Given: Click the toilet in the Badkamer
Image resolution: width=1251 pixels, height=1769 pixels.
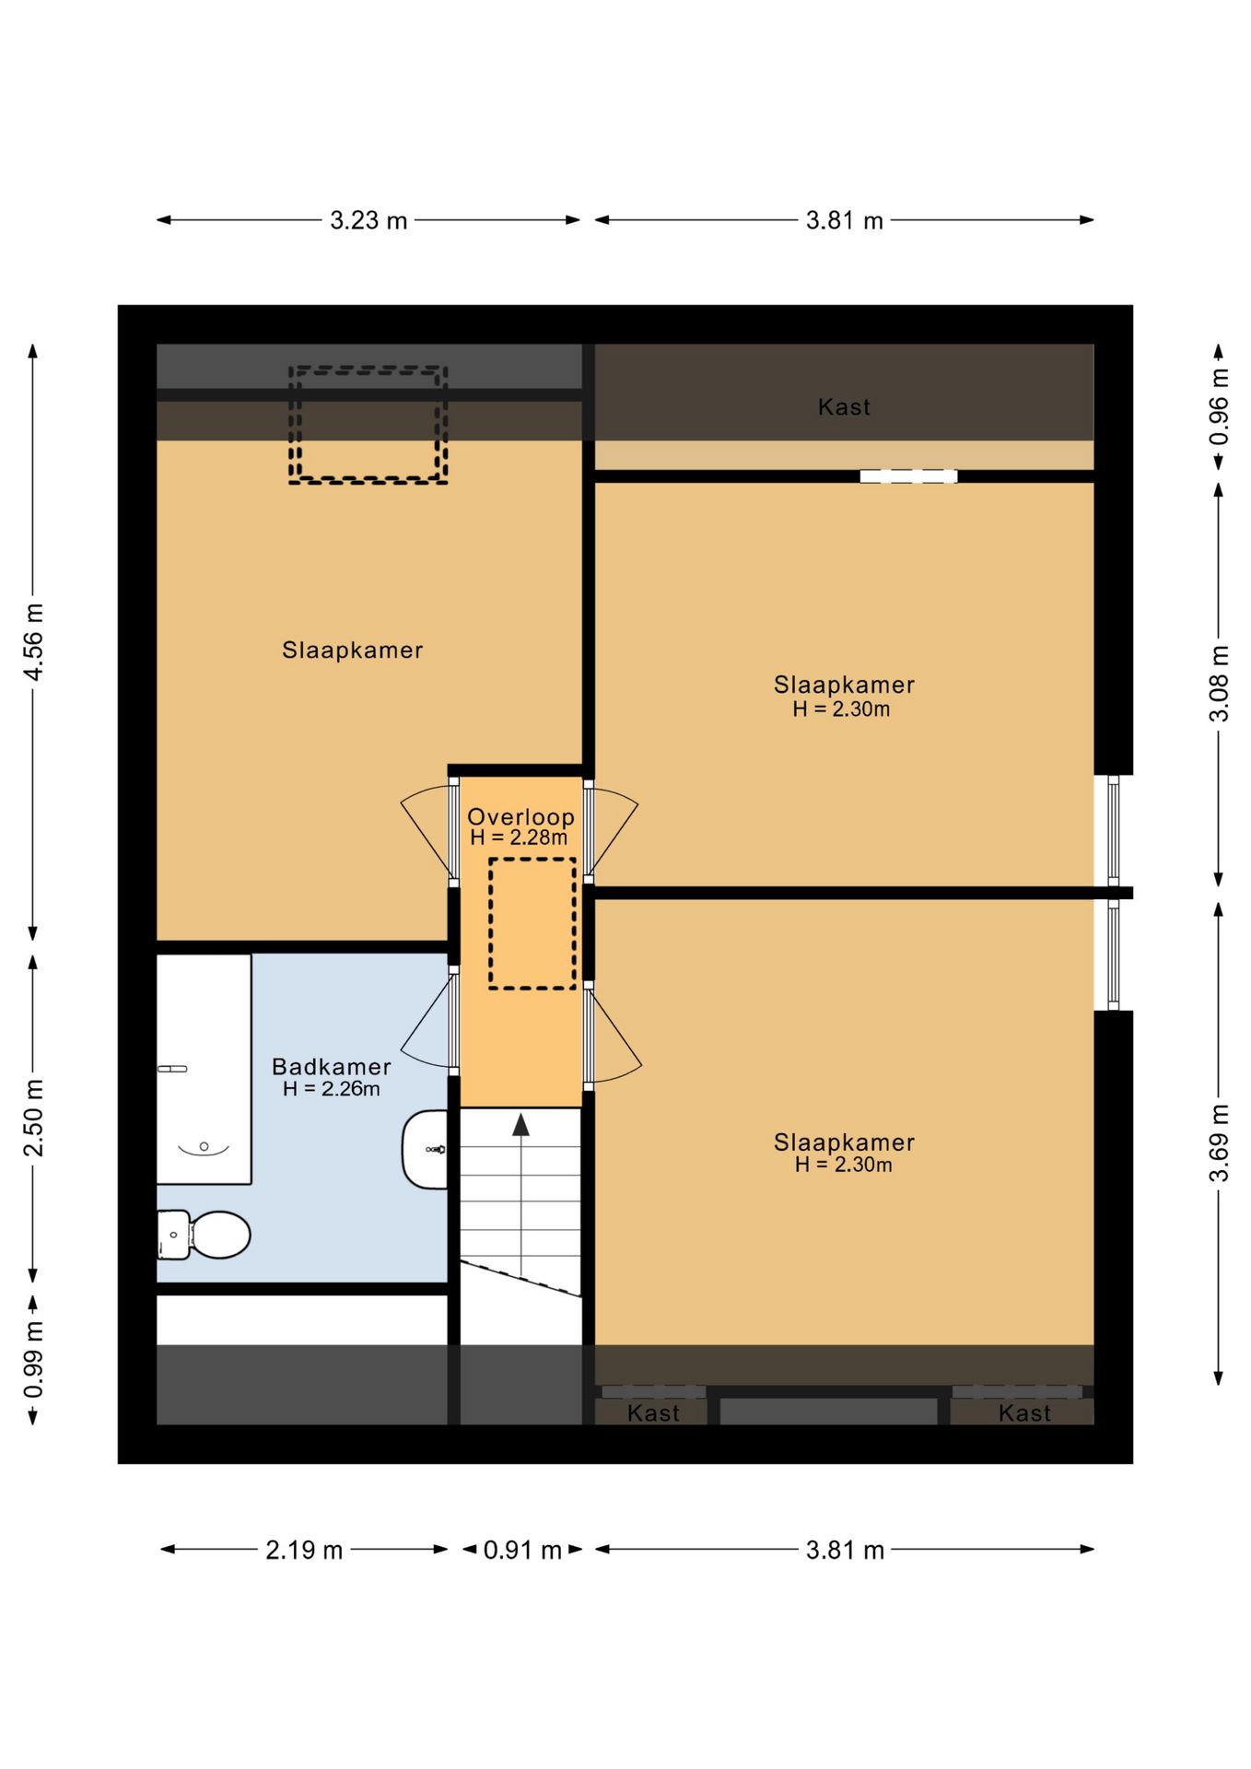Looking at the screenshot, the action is (204, 1235).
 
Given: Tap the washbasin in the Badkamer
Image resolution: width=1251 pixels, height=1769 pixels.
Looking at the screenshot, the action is (425, 1149).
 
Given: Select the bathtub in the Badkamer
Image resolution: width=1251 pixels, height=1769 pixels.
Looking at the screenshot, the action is (204, 1069).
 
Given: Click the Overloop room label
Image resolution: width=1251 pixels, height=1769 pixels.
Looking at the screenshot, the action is (520, 816).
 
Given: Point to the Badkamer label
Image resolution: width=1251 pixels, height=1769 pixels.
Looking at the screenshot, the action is (332, 1066).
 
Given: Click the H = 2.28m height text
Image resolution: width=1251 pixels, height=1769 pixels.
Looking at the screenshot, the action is (519, 838).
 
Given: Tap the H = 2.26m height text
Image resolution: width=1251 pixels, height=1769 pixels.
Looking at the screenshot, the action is (332, 1089).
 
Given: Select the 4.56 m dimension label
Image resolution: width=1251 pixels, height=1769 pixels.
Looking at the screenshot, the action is (33, 642).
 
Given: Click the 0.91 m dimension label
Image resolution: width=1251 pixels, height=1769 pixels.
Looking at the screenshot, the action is (522, 1550).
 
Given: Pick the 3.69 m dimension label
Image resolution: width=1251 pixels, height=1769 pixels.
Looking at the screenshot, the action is (1219, 1142).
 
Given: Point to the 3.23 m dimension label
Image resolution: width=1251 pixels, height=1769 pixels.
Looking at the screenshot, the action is (368, 220).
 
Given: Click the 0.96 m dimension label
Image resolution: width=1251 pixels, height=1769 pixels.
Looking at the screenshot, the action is (1219, 406).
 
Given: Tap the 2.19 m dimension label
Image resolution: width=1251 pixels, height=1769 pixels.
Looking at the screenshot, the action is (304, 1550).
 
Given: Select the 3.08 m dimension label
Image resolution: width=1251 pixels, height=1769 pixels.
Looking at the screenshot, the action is (1219, 684).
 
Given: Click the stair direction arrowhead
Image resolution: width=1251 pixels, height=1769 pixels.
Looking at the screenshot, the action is (521, 1124).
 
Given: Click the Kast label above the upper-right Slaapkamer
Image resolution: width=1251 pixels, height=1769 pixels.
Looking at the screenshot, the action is (844, 406).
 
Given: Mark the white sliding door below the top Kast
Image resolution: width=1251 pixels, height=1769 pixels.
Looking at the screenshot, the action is (908, 476).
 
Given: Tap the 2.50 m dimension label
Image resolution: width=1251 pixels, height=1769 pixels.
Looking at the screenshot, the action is (33, 1118).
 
